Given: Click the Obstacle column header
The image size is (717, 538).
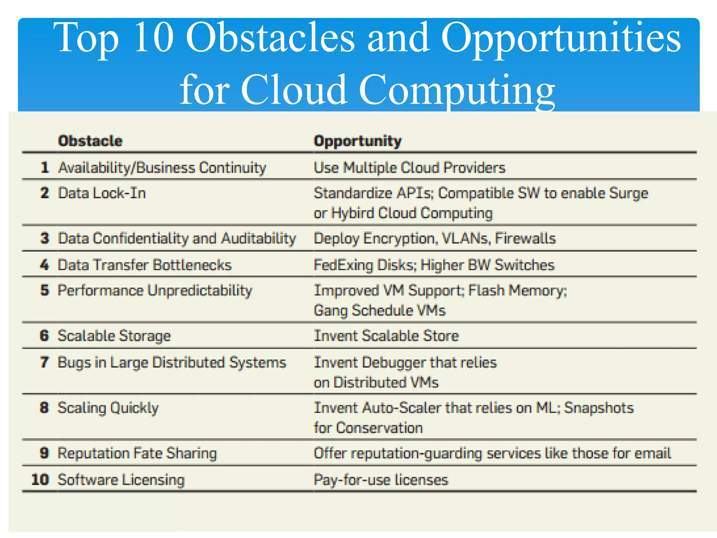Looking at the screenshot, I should pyautogui.click(x=90, y=141).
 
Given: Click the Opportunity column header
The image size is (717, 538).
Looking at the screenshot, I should pyautogui.click(x=357, y=141).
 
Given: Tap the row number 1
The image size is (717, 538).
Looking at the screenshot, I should pyautogui.click(x=44, y=167).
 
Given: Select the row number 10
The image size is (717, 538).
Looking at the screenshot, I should pyautogui.click(x=40, y=480).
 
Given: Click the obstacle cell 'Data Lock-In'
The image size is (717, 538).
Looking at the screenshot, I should pyautogui.click(x=102, y=193).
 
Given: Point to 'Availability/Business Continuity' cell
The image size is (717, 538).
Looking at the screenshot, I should pyautogui.click(x=162, y=168).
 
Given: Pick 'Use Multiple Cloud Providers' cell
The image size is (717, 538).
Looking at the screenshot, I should pyautogui.click(x=410, y=168).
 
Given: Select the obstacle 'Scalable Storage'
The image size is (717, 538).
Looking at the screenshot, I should pyautogui.click(x=114, y=336).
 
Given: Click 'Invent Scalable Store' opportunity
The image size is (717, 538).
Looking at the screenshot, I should pyautogui.click(x=386, y=336).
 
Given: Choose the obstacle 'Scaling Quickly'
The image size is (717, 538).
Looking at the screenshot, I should pyautogui.click(x=108, y=408).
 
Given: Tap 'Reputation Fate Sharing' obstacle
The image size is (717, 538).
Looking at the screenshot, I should pyautogui.click(x=137, y=453).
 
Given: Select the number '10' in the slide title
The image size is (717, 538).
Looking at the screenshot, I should pyautogui.click(x=154, y=37).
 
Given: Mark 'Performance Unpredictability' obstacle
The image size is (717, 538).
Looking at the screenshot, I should pyautogui.click(x=155, y=291).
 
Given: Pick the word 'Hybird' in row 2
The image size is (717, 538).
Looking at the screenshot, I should pyautogui.click(x=353, y=213).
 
